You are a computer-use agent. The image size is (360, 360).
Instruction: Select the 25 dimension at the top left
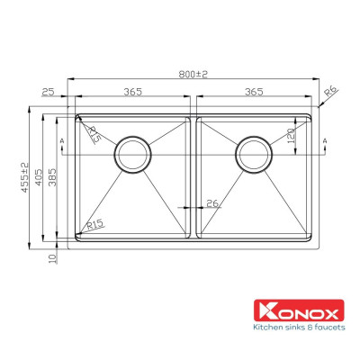pyautogui.click(x=48, y=92)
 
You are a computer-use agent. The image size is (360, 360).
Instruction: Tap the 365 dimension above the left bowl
pyautogui.click(x=132, y=92)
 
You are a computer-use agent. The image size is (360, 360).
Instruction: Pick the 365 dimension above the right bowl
pyautogui.click(x=254, y=92)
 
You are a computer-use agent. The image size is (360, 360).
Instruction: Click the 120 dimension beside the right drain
pyautogui.click(x=292, y=137)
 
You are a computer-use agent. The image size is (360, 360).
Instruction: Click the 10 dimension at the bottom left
pyautogui.click(x=54, y=256)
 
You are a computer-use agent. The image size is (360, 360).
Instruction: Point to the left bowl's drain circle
pyautogui.click(x=132, y=155)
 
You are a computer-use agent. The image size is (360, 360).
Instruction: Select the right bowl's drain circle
pyautogui.click(x=254, y=155)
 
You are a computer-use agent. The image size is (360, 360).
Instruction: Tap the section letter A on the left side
pyautogui.click(x=60, y=142)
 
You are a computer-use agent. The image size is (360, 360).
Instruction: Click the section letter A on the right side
pyautogui.click(x=324, y=142)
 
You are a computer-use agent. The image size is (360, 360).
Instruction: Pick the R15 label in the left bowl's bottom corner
pyautogui.click(x=94, y=224)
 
